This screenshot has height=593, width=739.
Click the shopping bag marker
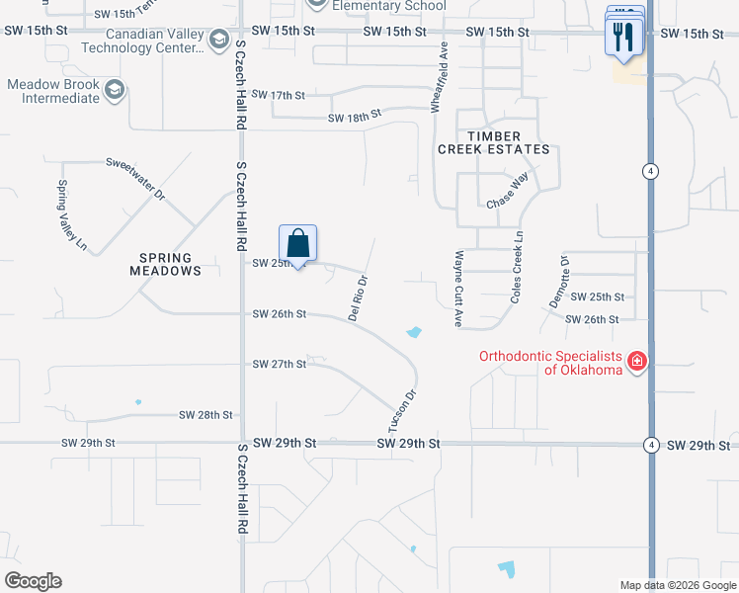click(x=297, y=243)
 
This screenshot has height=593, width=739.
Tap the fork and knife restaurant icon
click(x=622, y=37)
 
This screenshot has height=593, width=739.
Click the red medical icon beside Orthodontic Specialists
click(x=637, y=362)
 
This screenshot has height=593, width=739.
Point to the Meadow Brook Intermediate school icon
click(x=115, y=91)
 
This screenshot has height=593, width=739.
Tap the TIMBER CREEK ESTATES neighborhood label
click(x=494, y=142)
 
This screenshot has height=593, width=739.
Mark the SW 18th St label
click(x=355, y=118)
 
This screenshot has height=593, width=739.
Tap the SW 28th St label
click(x=205, y=415)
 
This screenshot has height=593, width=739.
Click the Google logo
click(x=33, y=581)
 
